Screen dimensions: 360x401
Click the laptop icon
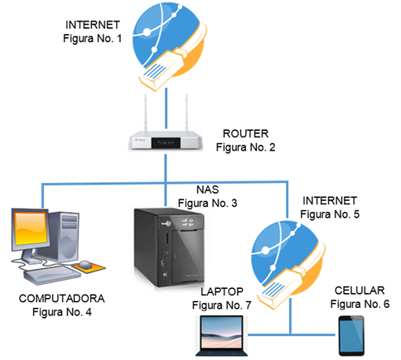tap(222, 339)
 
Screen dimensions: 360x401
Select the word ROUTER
tap(245, 133)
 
